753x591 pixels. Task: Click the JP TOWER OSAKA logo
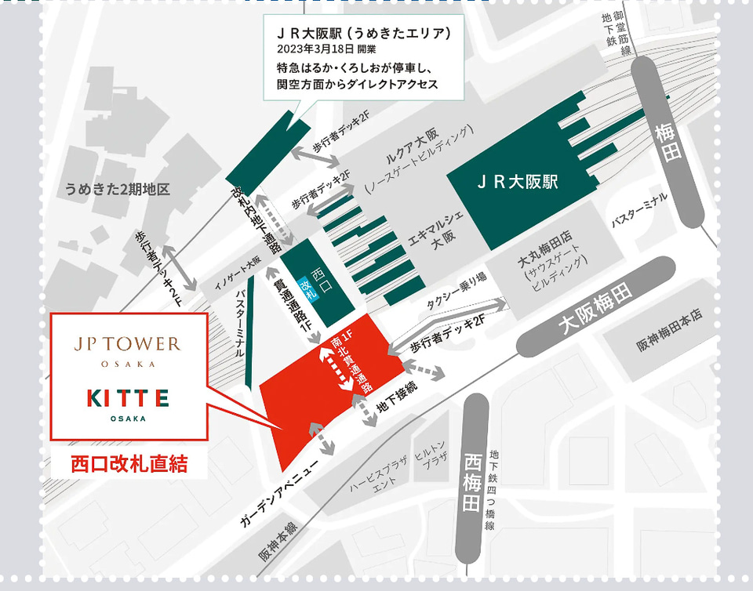tap(127, 349)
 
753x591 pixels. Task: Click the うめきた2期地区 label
tap(118, 190)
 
